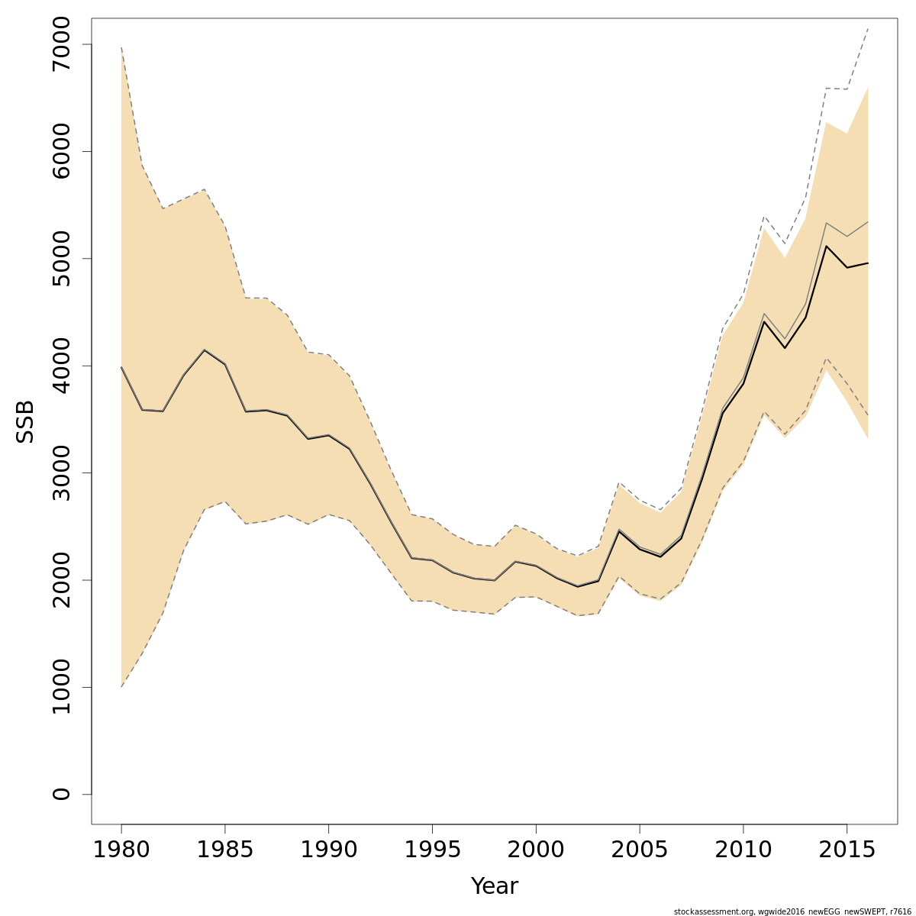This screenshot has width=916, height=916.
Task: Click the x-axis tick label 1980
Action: tap(121, 850)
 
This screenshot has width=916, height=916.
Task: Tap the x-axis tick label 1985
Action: tap(225, 850)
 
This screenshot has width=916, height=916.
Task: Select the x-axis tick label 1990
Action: tap(328, 850)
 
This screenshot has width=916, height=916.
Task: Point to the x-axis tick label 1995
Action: tap(432, 850)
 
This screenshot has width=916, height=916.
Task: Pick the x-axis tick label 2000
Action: tap(536, 850)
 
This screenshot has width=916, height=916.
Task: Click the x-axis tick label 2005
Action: tap(640, 850)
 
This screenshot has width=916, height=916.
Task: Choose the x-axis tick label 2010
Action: tap(743, 850)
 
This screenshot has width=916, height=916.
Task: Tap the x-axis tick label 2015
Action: tap(847, 850)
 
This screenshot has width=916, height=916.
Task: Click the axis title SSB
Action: tap(25, 421)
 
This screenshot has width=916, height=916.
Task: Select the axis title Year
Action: tap(494, 886)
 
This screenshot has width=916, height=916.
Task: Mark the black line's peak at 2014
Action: tap(826, 246)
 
